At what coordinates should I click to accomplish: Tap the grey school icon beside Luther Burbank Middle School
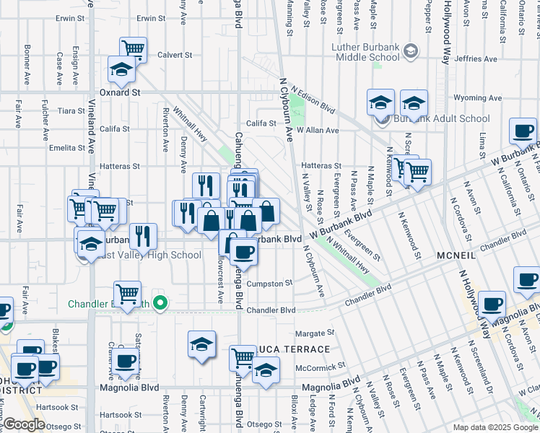[411, 51]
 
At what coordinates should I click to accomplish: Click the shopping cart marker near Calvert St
[133, 49]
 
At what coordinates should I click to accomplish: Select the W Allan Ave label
[321, 131]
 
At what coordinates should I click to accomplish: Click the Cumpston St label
[269, 284]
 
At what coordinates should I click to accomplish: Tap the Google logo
[24, 424]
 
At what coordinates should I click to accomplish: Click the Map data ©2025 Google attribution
[495, 427]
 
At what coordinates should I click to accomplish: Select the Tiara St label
[71, 111]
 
